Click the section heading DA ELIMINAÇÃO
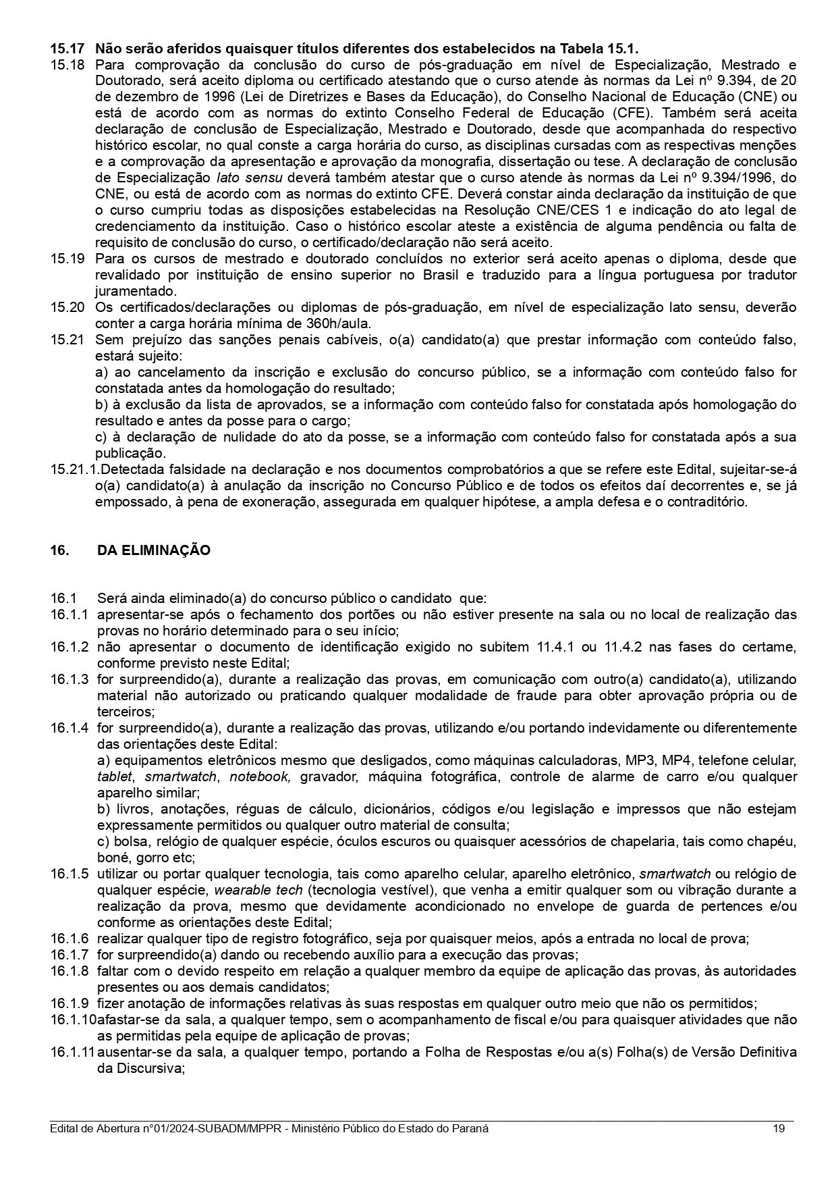pyautogui.click(x=154, y=550)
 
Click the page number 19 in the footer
pyautogui.click(x=779, y=1129)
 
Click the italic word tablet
pyautogui.click(x=114, y=776)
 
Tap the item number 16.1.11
pyautogui.click(x=72, y=1052)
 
